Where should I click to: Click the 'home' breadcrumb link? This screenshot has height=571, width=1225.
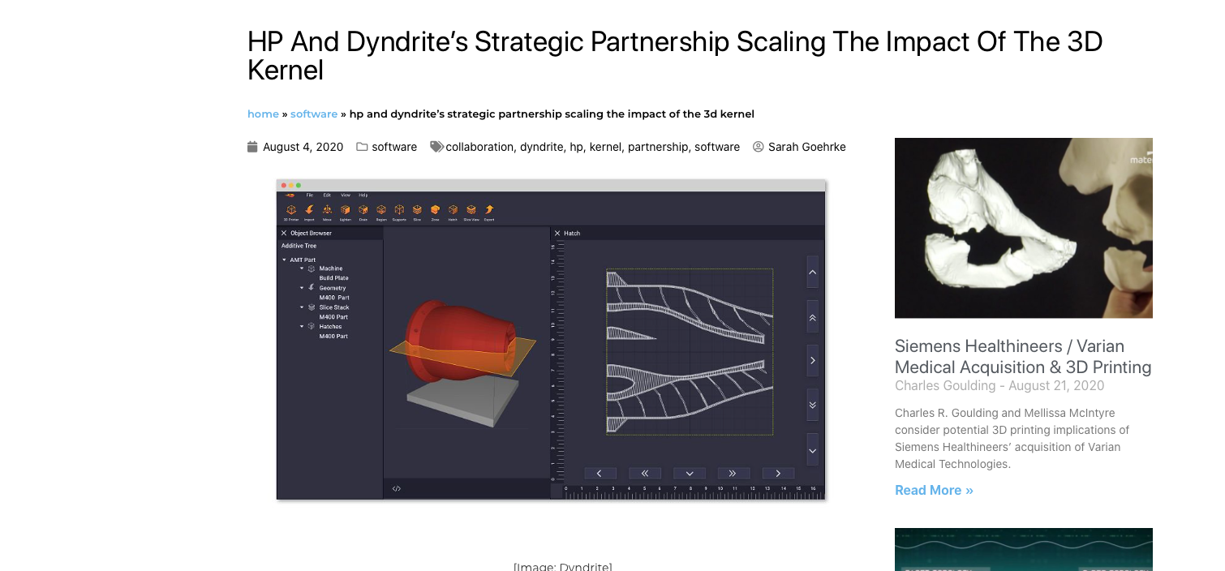263,114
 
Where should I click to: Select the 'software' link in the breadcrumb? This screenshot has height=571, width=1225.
313,114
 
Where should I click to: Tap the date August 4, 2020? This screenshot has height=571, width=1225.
303,147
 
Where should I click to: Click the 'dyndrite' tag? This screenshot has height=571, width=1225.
541,147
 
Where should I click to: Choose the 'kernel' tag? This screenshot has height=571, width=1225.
605,147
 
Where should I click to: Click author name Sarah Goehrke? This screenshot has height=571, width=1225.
806,147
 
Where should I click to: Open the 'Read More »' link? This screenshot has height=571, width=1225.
934,490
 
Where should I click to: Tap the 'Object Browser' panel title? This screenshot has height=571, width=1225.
311,234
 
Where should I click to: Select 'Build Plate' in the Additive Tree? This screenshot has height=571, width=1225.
333,278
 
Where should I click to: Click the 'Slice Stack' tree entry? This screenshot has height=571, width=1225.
333,307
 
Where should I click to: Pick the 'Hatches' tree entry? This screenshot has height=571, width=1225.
330,327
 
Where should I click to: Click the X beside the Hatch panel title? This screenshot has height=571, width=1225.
558,234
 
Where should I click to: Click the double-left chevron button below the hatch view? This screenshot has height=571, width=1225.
644,473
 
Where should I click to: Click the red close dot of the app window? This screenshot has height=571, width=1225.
283,186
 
